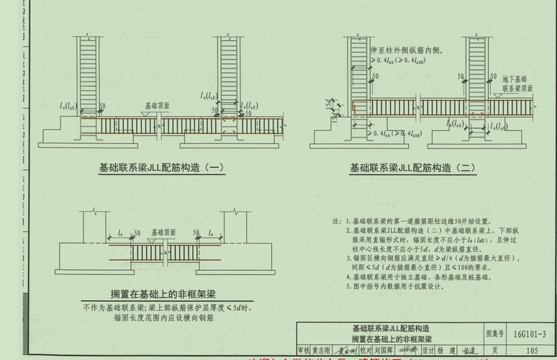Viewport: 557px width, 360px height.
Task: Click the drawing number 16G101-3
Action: click(x=531, y=334)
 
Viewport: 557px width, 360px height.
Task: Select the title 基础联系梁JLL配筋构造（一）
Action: click(x=162, y=168)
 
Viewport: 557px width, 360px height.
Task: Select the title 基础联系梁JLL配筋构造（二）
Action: click(x=413, y=168)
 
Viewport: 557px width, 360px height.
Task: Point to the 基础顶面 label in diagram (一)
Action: click(x=157, y=104)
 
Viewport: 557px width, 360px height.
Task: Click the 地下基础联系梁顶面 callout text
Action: click(x=517, y=84)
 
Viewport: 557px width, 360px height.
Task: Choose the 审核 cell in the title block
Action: click(x=304, y=351)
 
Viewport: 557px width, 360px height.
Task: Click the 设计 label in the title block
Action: click(x=429, y=351)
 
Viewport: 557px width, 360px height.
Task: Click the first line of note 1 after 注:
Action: click(x=417, y=221)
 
